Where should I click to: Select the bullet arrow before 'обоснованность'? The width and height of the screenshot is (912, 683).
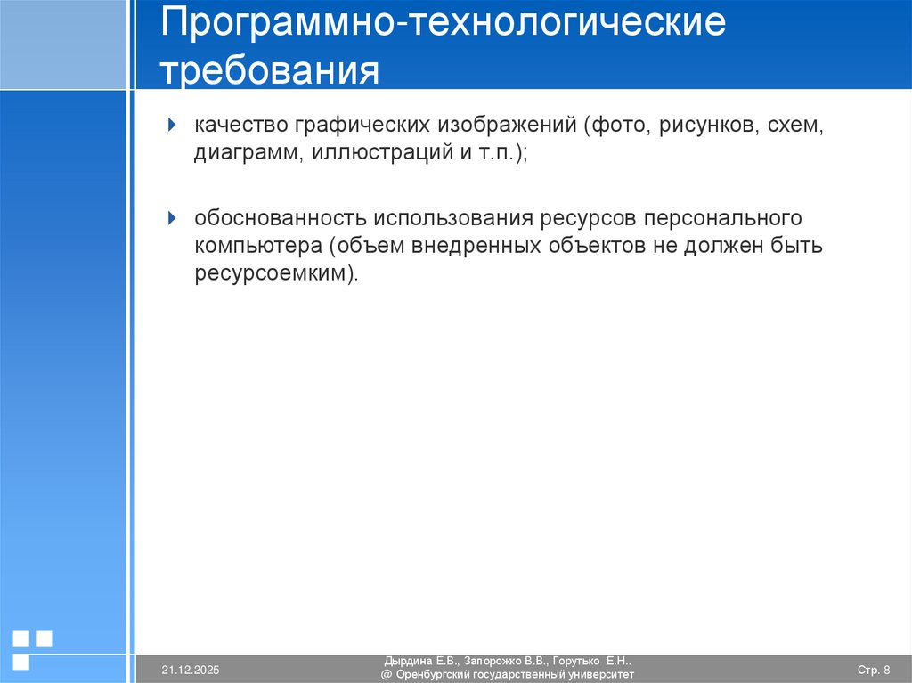coord(174,217)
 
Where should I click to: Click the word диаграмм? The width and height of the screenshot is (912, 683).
coord(249,154)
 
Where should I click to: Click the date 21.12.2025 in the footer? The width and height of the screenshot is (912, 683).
coord(191,670)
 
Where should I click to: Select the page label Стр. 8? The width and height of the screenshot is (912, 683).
coord(873,670)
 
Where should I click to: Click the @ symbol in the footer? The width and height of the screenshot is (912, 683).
coord(387,675)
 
